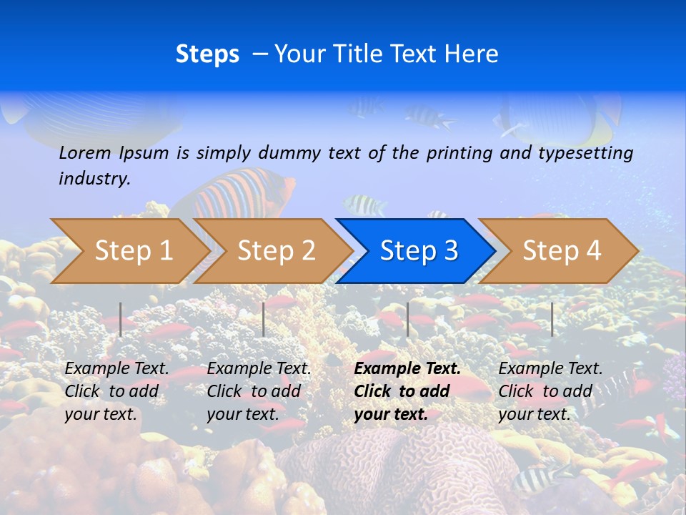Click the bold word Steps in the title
(207, 54)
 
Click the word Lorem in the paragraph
(85, 152)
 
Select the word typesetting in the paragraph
(587, 152)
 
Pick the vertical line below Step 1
(121, 319)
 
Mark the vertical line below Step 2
(264, 319)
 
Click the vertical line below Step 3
(407, 319)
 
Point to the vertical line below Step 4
(552, 319)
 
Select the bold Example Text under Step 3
(407, 369)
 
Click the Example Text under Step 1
(117, 369)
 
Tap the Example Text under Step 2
(259, 369)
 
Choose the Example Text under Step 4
(550, 369)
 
